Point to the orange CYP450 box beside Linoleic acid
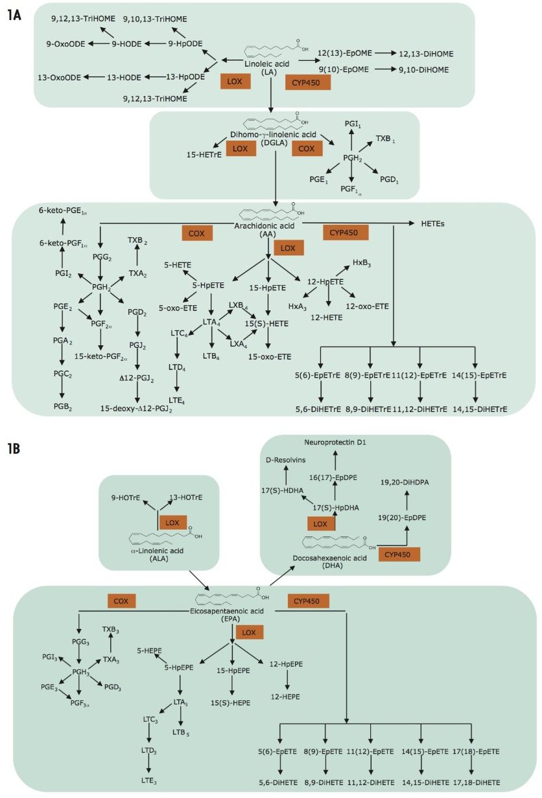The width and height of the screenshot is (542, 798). (x=307, y=82)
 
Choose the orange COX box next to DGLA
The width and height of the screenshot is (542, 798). (x=307, y=149)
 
